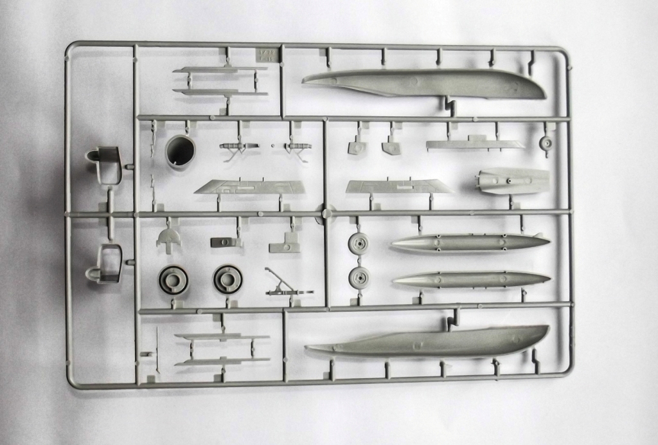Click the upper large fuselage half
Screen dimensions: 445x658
[424, 84]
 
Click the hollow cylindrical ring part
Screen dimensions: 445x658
[181, 150]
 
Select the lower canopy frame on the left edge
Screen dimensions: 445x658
[105, 263]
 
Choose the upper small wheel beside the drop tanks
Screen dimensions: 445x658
[358, 244]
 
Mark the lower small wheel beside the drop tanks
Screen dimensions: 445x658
[358, 278]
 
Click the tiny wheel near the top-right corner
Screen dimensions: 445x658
[546, 144]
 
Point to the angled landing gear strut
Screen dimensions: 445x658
[286, 284]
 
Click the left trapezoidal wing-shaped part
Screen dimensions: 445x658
[249, 187]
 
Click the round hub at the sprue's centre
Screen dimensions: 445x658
[326, 213]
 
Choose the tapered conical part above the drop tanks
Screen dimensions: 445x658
[513, 181]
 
